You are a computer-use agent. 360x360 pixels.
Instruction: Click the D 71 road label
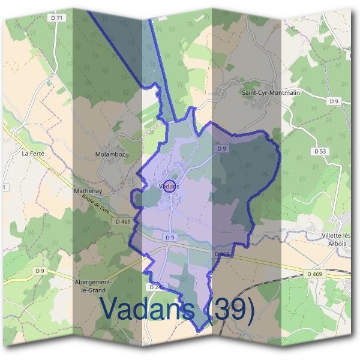pyautogui.click(x=57, y=18)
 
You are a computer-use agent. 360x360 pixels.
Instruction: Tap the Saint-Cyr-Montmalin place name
pyautogui.click(x=270, y=93)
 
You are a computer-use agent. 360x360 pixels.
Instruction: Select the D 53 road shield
pyautogui.click(x=320, y=151)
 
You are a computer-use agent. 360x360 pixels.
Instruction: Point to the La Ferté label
pyautogui.click(x=33, y=153)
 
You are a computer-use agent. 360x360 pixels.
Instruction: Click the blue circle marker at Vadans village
pyautogui.click(x=169, y=186)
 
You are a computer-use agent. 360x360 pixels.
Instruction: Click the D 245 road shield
pyautogui.click(x=155, y=287)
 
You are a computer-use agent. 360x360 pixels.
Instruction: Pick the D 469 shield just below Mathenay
pyautogui.click(x=122, y=221)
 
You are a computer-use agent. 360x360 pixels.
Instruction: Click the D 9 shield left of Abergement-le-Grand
pyautogui.click(x=40, y=271)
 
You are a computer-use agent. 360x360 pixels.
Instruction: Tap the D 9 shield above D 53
pyautogui.click(x=334, y=101)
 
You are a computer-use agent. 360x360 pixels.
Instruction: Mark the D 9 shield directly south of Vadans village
pyautogui.click(x=171, y=238)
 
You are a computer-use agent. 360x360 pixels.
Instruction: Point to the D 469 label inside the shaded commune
pyautogui.click(x=222, y=255)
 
